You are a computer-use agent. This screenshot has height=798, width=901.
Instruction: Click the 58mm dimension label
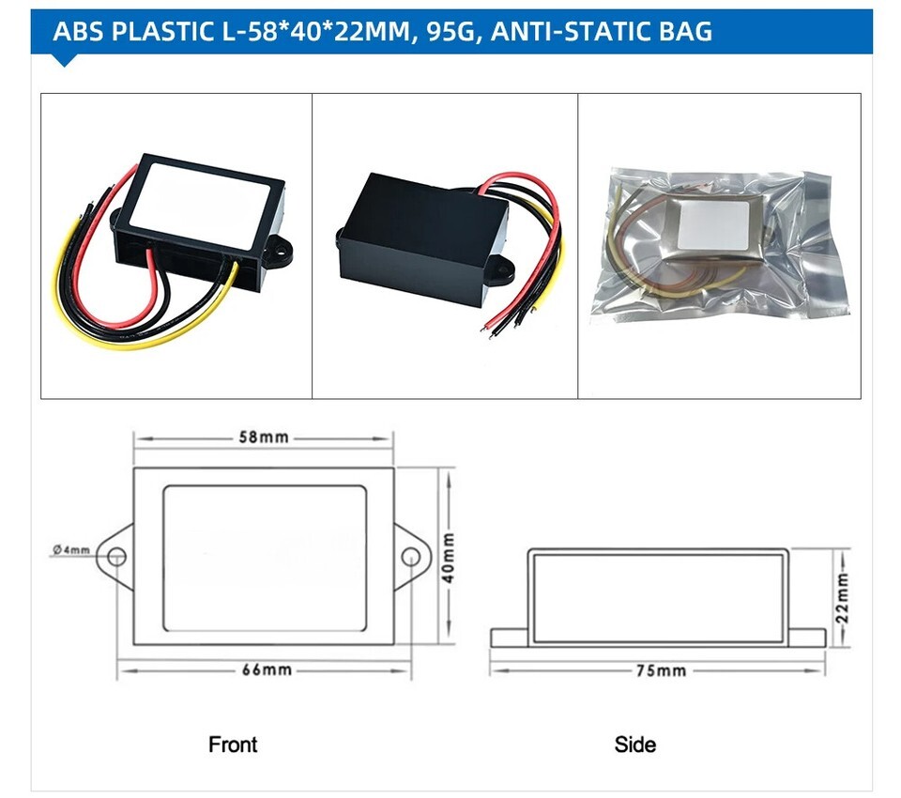[x=262, y=438]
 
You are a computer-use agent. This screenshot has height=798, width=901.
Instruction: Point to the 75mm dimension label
[x=658, y=670]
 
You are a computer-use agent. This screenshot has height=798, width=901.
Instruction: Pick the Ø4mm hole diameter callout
[x=71, y=549]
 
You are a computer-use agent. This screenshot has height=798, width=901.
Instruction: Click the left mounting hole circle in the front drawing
[x=116, y=558]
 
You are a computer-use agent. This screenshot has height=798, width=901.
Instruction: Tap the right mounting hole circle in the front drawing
[x=409, y=558]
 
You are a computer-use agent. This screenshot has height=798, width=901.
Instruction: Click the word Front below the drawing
[x=233, y=744]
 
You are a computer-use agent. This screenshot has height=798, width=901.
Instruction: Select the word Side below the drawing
[x=635, y=744]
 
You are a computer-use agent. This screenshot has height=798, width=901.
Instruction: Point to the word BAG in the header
[x=684, y=32]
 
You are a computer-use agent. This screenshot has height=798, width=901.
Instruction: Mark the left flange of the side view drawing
[x=509, y=637]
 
